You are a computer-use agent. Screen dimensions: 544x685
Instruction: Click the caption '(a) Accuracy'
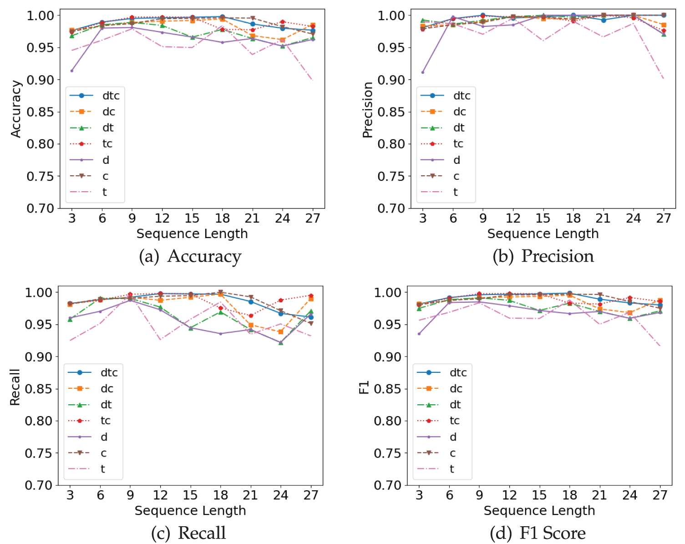190,256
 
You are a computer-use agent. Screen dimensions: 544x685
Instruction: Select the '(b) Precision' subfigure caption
543,256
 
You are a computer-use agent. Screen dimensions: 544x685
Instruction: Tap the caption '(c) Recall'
188,533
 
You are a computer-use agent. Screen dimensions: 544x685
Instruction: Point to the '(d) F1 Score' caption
538,533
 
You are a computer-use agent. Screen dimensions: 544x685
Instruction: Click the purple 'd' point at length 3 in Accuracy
72,71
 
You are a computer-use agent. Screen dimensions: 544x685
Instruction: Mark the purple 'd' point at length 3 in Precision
423,72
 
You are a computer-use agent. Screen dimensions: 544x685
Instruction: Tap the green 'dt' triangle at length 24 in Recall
281,342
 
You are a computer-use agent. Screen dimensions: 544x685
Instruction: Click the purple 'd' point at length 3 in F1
419,334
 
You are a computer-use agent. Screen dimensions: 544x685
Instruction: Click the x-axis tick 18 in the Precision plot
573,219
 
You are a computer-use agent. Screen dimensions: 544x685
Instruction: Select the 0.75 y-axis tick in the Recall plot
38,453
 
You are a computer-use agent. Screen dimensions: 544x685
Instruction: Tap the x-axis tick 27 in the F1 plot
660,495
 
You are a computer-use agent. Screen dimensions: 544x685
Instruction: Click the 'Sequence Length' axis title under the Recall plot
190,511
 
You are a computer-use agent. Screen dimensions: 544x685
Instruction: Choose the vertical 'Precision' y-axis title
368,110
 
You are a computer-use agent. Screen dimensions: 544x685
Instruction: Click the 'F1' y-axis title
364,387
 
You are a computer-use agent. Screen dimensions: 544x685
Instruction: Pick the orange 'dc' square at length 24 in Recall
281,332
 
